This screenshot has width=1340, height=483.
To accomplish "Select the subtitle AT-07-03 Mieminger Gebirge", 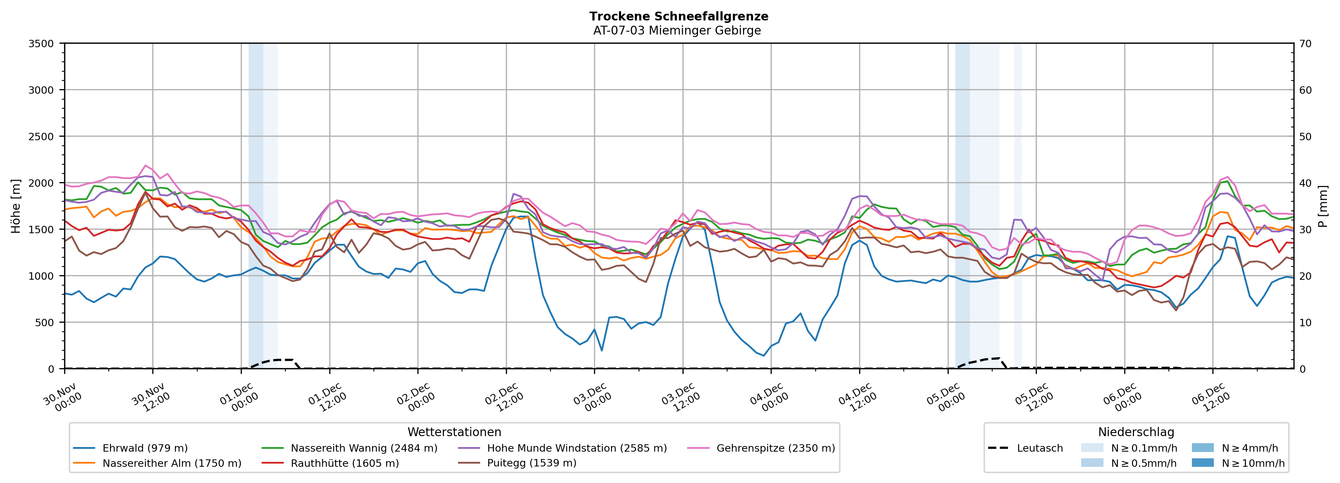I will (677, 31).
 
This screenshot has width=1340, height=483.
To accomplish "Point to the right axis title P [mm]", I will (1323, 206).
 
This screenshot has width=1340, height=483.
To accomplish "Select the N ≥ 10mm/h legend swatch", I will (1202, 463).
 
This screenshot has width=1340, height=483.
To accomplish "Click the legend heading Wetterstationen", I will (454, 432).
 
